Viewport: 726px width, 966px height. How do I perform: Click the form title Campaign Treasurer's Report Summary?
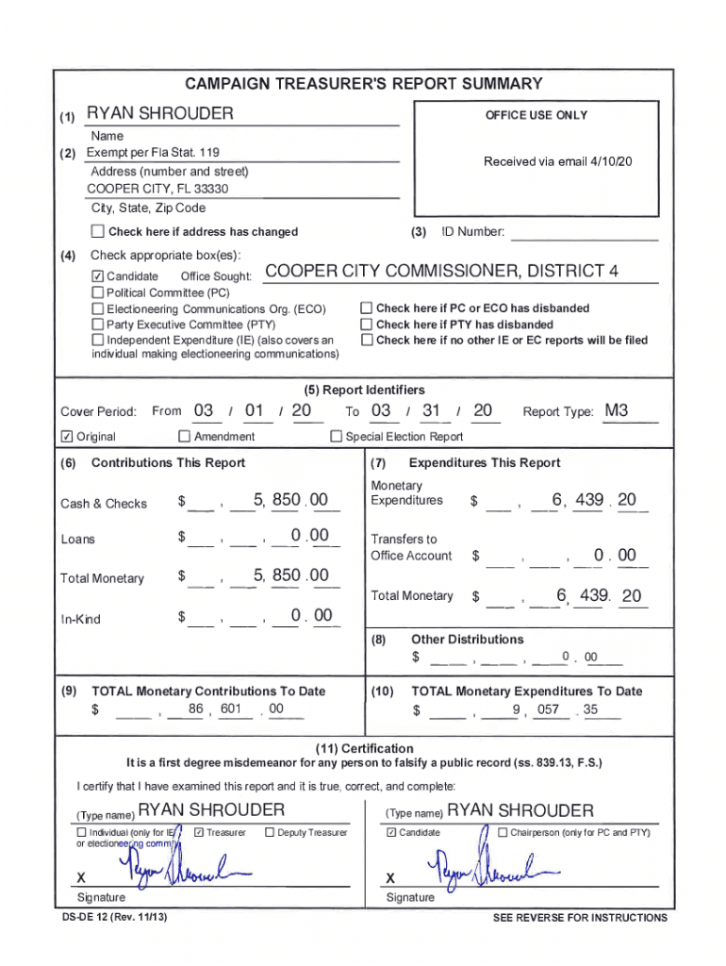pos(363,84)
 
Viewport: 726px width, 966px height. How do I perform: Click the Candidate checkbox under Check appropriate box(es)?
pos(97,276)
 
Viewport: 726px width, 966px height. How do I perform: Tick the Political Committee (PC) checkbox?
pos(97,292)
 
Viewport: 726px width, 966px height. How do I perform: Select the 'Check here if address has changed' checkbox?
pos(97,231)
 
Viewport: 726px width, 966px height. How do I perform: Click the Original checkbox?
pos(66,437)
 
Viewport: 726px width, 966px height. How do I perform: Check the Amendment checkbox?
pos(184,437)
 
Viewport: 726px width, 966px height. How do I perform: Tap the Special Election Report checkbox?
pos(336,437)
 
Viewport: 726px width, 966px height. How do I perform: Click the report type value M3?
pos(617,410)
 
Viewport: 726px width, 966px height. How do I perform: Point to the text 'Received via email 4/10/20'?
pos(557,161)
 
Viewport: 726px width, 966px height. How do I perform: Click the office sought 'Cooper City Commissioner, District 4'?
pos(442,272)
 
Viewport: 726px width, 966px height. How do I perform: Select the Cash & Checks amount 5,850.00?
pos(290,500)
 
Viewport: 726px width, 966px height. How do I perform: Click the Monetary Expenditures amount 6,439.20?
pos(594,500)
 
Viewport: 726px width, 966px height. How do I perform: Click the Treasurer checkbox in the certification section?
pos(198,832)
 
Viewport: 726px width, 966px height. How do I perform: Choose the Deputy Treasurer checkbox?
pos(270,832)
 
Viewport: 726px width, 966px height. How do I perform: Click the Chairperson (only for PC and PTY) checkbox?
pos(503,832)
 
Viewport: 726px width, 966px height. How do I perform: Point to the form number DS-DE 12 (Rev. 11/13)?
pos(115,917)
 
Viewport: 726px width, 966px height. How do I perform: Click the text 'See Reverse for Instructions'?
pos(579,918)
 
